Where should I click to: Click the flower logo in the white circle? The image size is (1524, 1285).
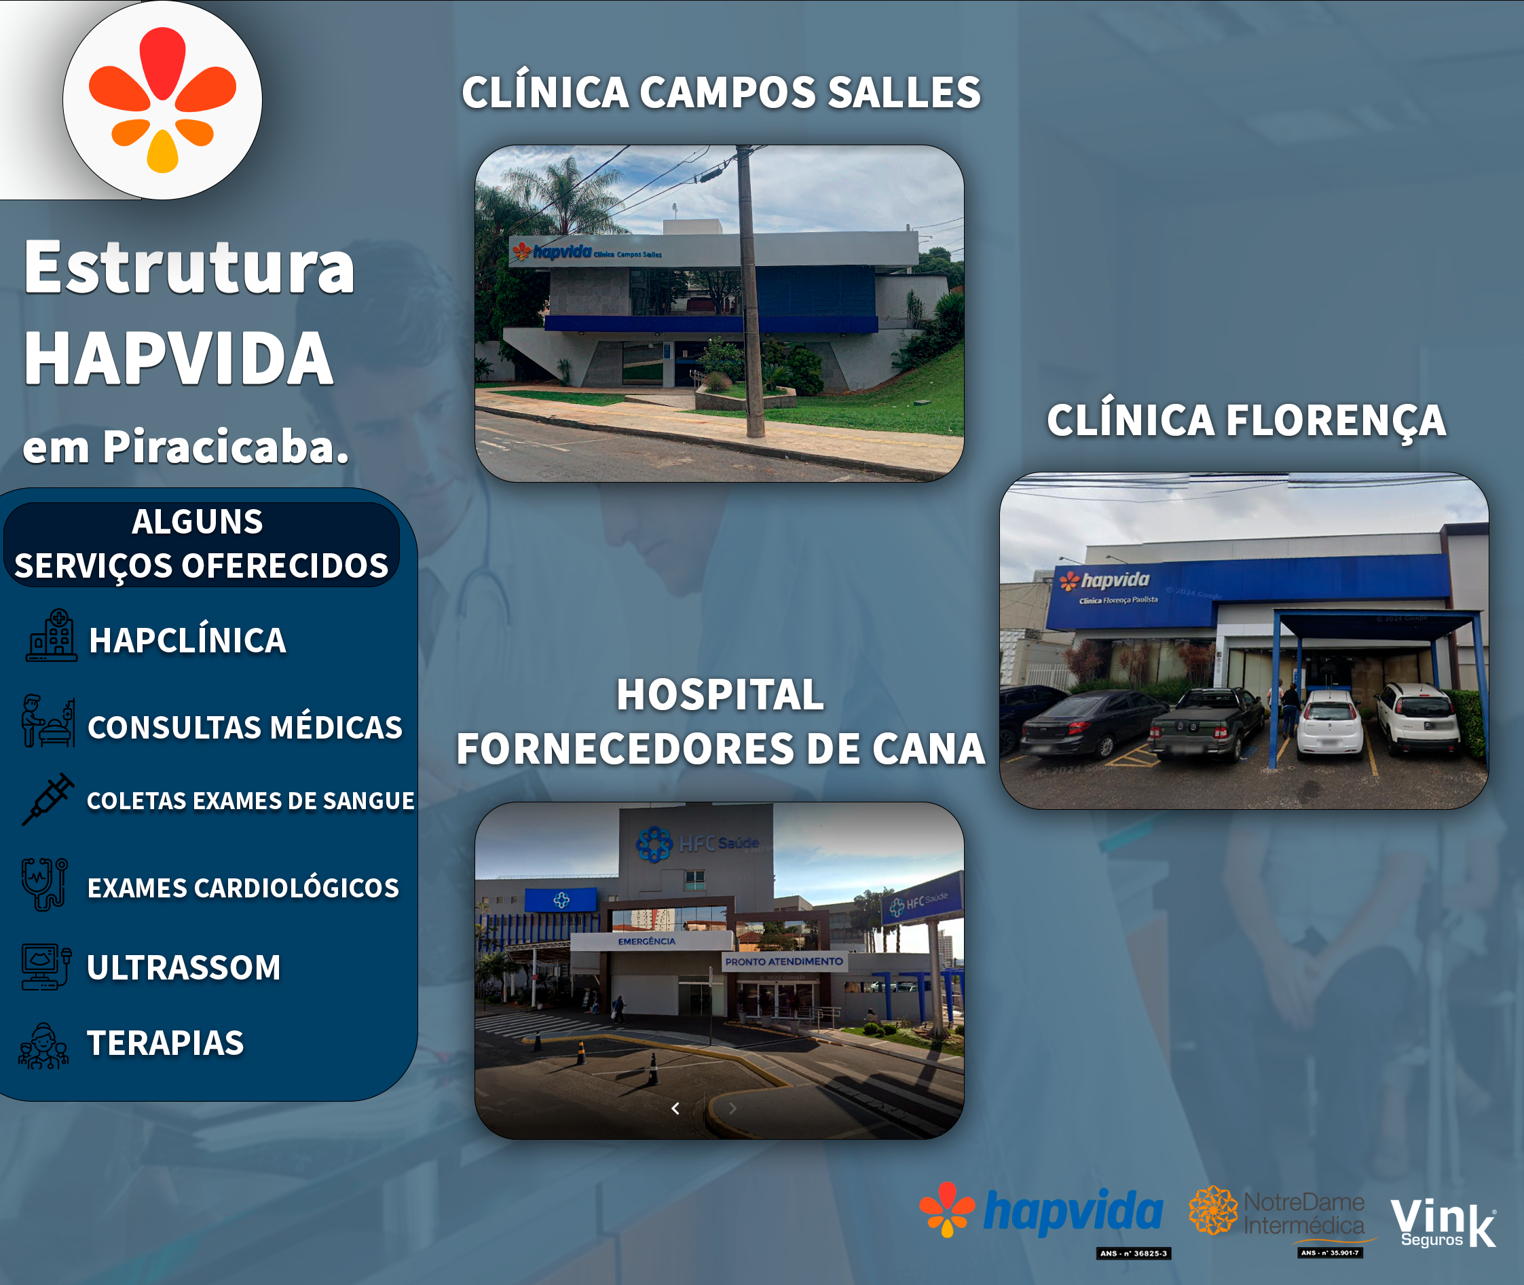pyautogui.click(x=162, y=100)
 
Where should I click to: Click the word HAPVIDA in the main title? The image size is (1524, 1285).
pyautogui.click(x=179, y=358)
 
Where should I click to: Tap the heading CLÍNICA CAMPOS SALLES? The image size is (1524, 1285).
pyautogui.click(x=720, y=92)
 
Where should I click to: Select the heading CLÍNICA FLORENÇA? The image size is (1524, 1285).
pyautogui.click(x=1246, y=420)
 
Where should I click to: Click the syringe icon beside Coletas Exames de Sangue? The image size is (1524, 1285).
pyautogui.click(x=48, y=799)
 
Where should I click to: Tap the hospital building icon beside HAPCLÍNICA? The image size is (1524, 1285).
pyautogui.click(x=51, y=636)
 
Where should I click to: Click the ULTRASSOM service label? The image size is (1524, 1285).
pyautogui.click(x=183, y=967)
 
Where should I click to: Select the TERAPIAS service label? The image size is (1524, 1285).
pyautogui.click(x=166, y=1043)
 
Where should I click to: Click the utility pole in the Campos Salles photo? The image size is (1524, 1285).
pyautogui.click(x=749, y=291)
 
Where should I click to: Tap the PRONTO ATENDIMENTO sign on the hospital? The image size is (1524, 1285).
pyautogui.click(x=784, y=962)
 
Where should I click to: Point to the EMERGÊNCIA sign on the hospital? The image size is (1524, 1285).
pyautogui.click(x=646, y=941)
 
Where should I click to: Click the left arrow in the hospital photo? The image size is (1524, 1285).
pyautogui.click(x=675, y=1108)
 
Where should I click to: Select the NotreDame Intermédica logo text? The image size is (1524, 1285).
pyautogui.click(x=1303, y=1214)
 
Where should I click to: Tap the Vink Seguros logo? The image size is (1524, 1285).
pyautogui.click(x=1443, y=1223)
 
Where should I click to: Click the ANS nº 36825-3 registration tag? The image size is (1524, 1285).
pyautogui.click(x=1133, y=1254)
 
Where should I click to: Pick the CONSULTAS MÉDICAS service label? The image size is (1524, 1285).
pyautogui.click(x=245, y=728)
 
